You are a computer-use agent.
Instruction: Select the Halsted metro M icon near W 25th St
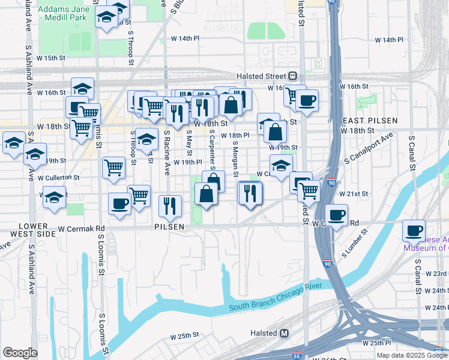tap(285, 333)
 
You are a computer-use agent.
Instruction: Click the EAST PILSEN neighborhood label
tap(370, 121)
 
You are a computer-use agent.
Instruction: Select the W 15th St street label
tap(50, 58)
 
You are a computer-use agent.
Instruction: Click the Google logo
tap(20, 353)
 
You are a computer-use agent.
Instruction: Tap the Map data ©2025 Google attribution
tap(412, 355)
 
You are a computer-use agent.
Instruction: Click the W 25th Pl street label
tap(376, 343)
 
